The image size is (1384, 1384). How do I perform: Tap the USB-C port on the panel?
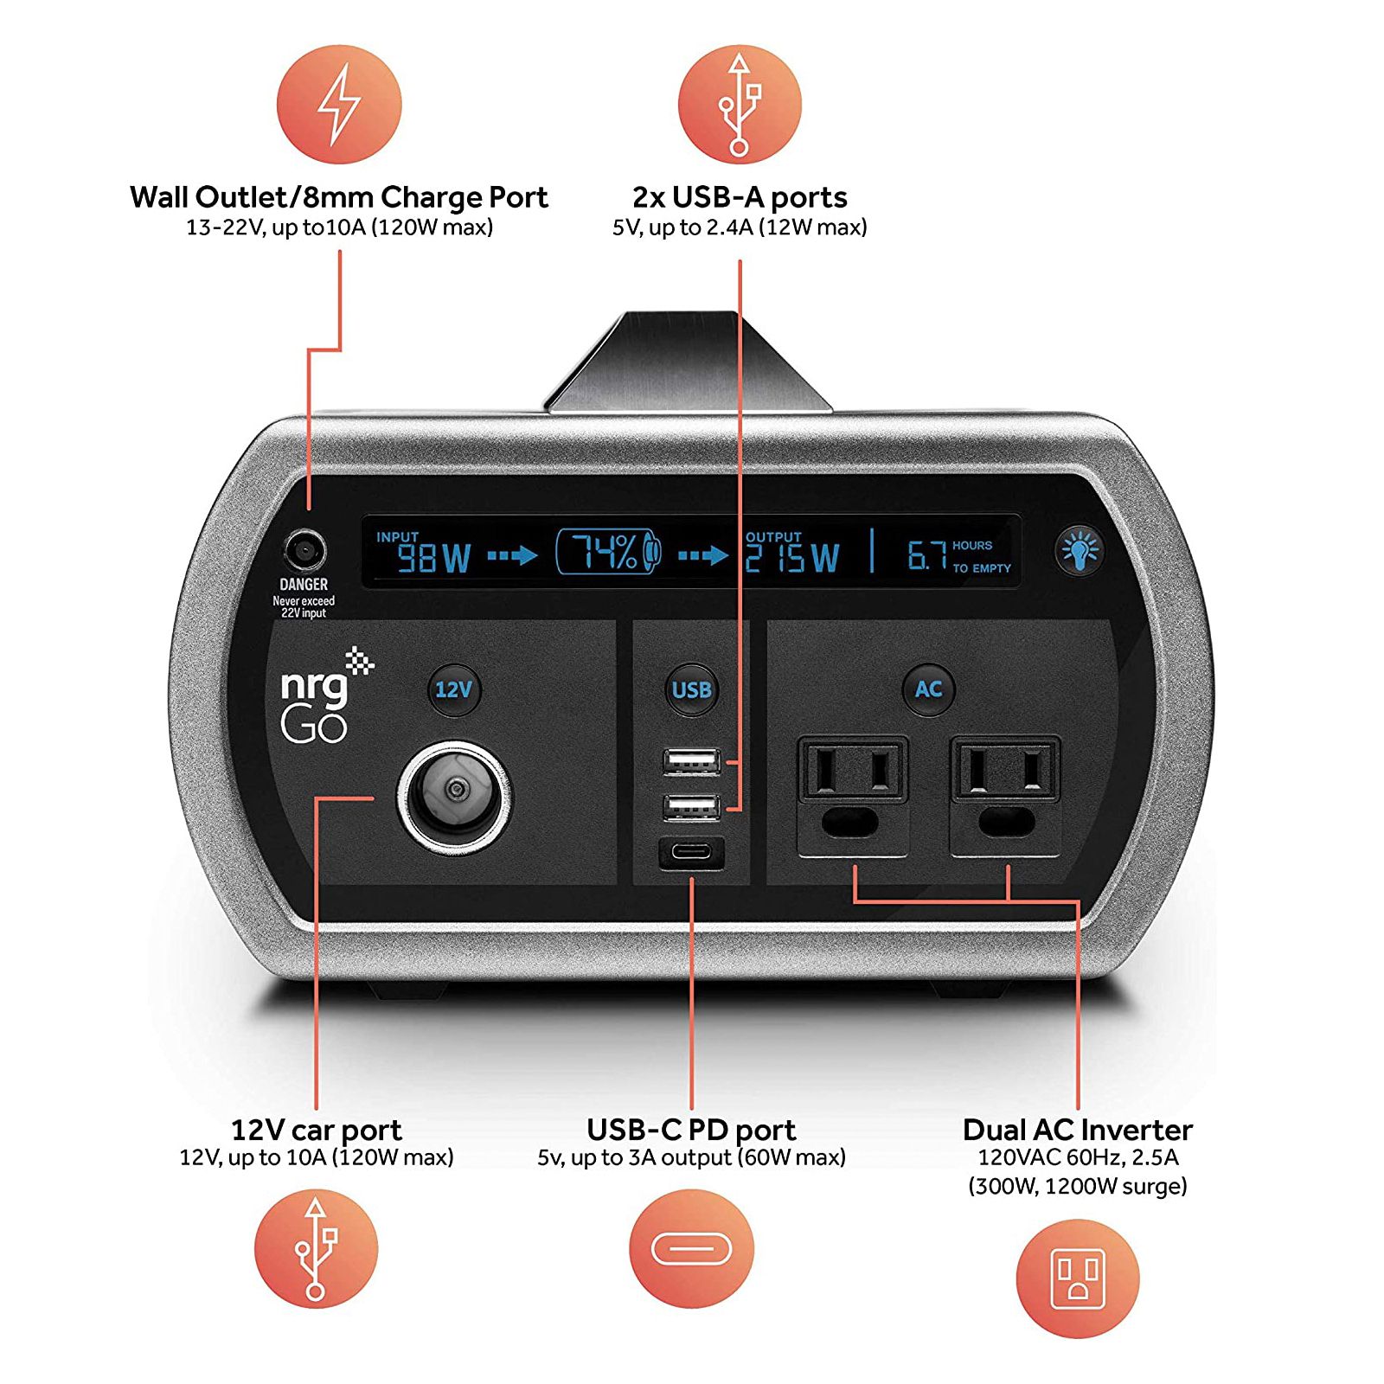[x=692, y=853]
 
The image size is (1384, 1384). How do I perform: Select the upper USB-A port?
[x=692, y=761]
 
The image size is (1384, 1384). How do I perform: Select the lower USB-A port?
[x=692, y=807]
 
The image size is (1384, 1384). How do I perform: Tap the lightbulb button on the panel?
[x=1080, y=549]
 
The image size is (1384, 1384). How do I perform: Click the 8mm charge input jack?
[x=304, y=550]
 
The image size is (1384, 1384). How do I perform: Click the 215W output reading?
[x=792, y=558]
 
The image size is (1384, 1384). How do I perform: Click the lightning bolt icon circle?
[x=339, y=104]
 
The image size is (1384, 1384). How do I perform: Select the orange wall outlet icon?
[x=1078, y=1278]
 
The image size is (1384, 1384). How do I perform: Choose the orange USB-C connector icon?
[x=691, y=1249]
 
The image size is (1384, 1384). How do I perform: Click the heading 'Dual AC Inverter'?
[x=1078, y=1130]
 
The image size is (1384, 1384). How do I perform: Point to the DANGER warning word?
[x=304, y=585]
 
